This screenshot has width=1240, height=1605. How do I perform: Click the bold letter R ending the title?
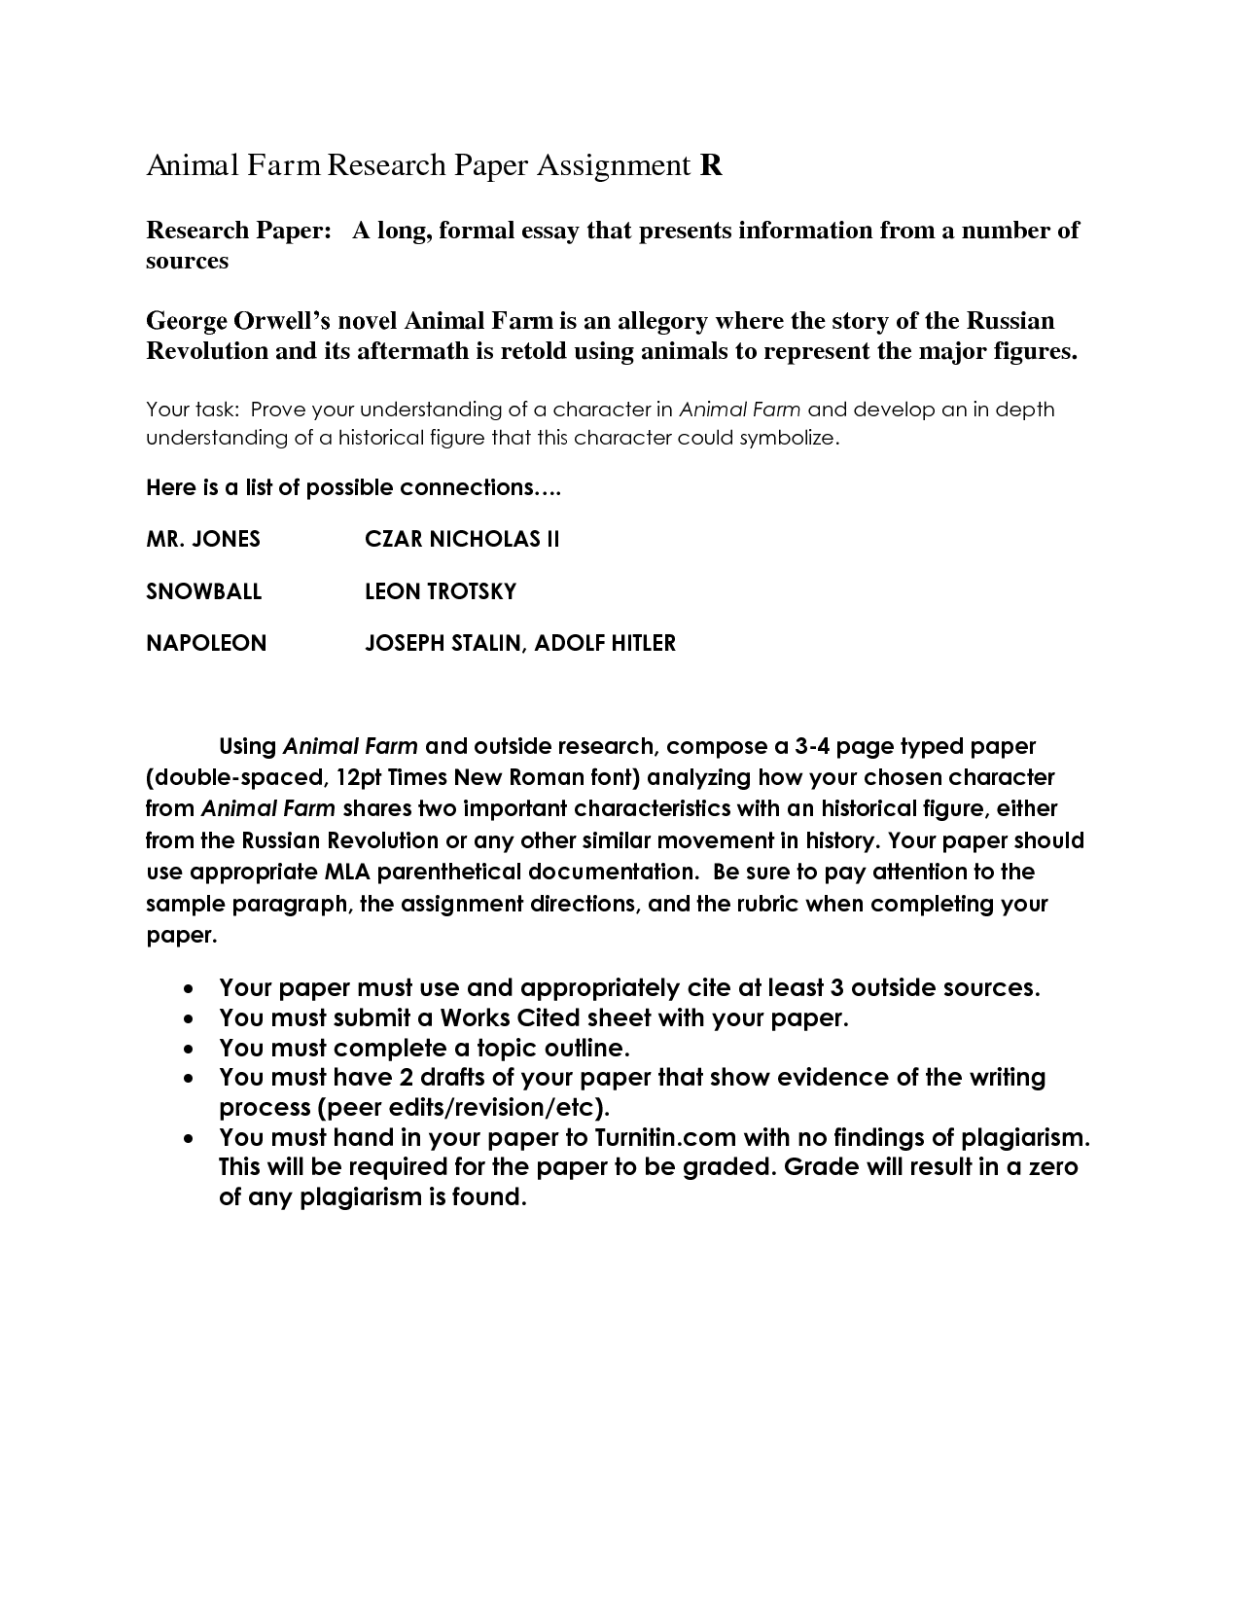tap(711, 166)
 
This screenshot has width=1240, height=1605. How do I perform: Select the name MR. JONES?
tap(203, 539)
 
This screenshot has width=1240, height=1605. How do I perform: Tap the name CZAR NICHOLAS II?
tap(462, 539)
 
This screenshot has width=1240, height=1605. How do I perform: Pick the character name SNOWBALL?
tap(204, 591)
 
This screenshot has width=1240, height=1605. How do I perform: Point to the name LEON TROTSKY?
tap(441, 591)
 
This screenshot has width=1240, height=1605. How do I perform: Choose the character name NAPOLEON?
tap(206, 643)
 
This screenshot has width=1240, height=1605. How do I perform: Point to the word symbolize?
tap(788, 438)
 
